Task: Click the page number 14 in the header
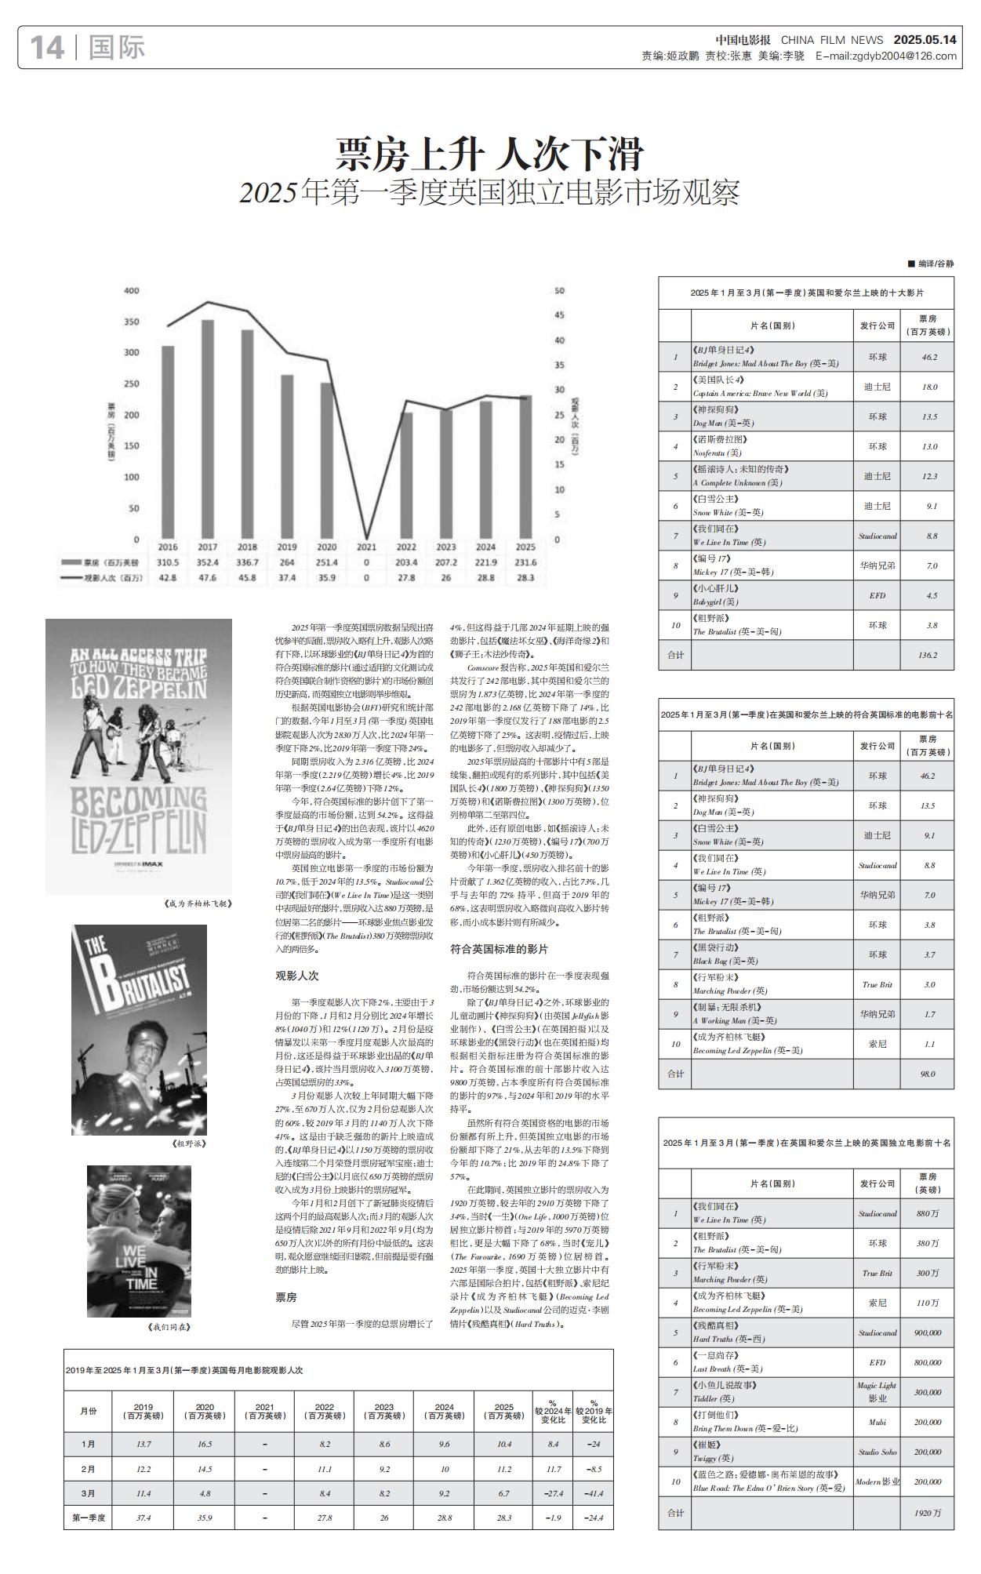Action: (x=46, y=48)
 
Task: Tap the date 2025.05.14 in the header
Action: (x=925, y=40)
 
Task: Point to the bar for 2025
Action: (x=525, y=467)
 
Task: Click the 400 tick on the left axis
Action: (x=132, y=291)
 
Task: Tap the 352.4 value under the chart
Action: (x=208, y=562)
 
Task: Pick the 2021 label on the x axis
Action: (x=366, y=547)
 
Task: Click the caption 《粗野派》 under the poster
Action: (x=188, y=1143)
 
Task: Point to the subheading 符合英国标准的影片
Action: (x=499, y=949)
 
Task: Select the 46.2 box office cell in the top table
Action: (x=928, y=357)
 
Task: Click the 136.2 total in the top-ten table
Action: (x=928, y=655)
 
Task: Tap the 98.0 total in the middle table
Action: (x=928, y=1074)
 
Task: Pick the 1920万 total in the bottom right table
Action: (x=928, y=1513)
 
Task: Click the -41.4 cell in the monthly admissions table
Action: (x=594, y=1494)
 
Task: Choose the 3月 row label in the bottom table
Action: (x=89, y=1494)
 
